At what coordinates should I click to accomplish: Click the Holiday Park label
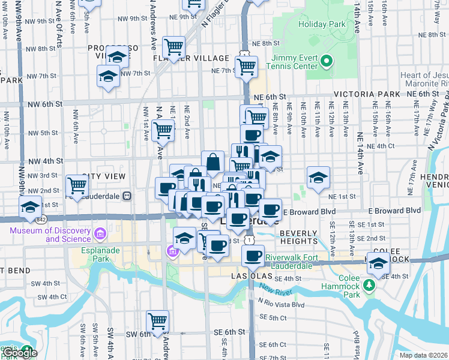coord(322,25)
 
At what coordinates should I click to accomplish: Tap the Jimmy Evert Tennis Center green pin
coord(327,60)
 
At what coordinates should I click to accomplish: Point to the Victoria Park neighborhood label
coord(367,95)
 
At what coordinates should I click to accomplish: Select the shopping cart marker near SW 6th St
coord(157,321)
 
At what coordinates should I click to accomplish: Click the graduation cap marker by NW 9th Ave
coord(29,207)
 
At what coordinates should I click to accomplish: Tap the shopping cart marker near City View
coord(77,185)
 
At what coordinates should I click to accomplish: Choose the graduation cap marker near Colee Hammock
coord(379,263)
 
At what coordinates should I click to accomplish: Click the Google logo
coord(20,353)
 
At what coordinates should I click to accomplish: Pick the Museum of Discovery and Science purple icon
coord(100,232)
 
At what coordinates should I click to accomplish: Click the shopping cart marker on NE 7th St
coord(246,67)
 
